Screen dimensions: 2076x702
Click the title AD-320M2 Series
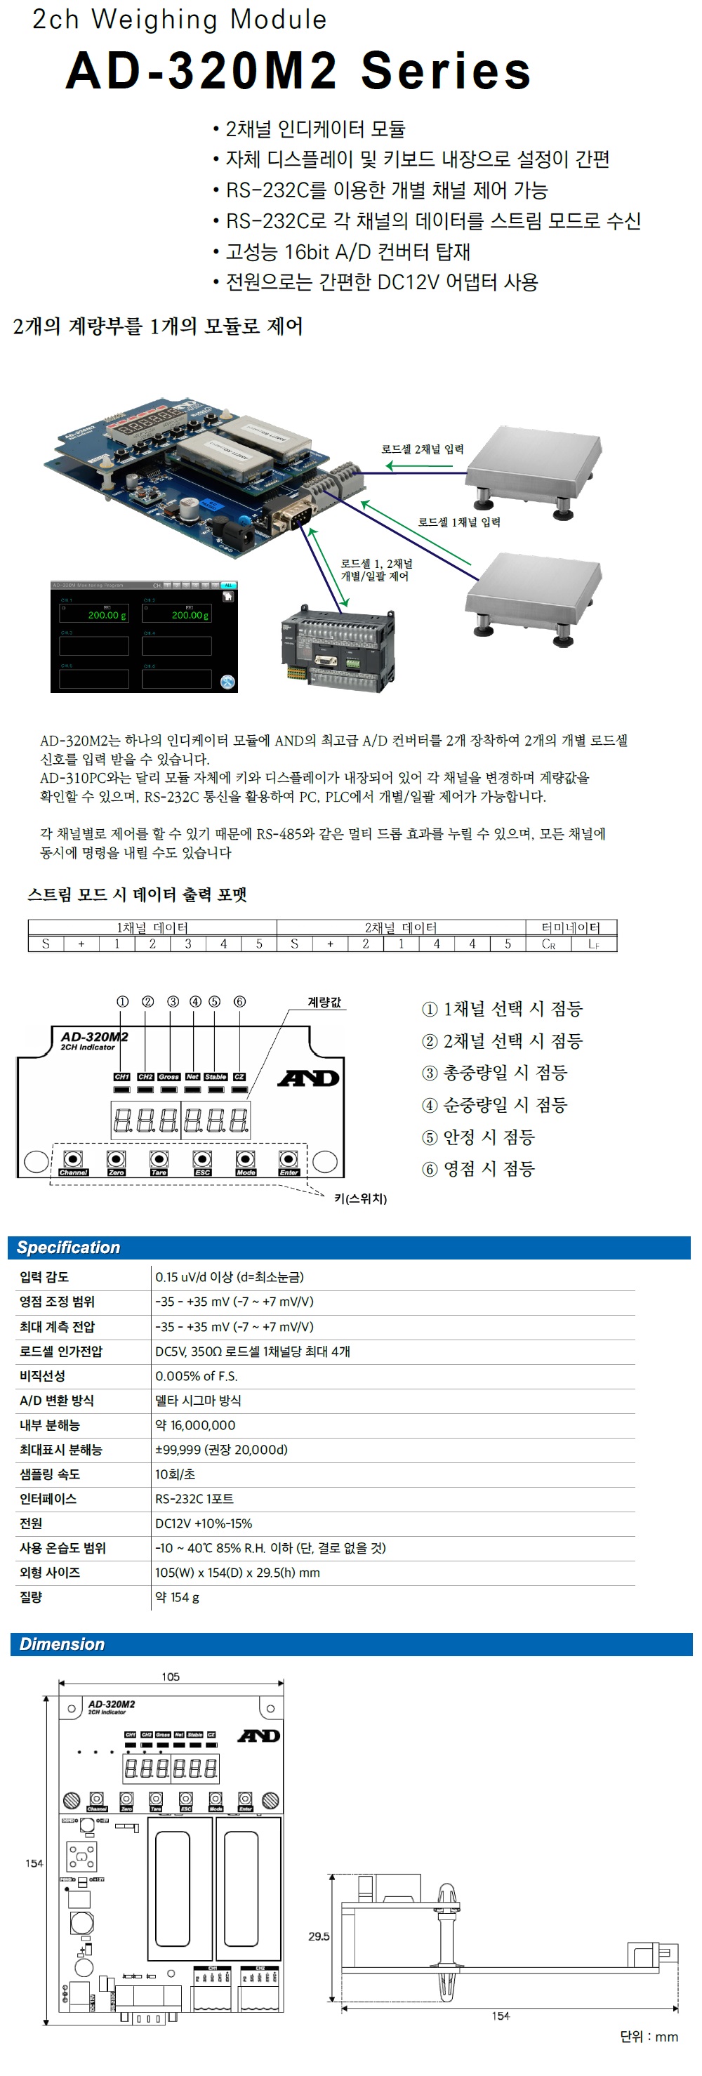click(298, 71)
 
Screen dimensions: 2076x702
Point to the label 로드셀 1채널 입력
click(458, 522)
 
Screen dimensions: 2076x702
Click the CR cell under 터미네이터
click(548, 944)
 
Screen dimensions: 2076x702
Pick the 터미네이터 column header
click(571, 927)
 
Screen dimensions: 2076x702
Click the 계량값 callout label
click(324, 1002)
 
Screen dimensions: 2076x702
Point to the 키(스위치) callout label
click(360, 1198)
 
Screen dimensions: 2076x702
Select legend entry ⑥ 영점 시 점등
click(479, 1168)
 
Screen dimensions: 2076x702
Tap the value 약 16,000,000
click(195, 1424)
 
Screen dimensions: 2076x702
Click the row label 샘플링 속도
click(50, 1474)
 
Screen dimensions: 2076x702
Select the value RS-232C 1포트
click(194, 1499)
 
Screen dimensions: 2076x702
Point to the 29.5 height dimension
click(319, 1936)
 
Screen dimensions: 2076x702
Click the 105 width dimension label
click(170, 1677)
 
